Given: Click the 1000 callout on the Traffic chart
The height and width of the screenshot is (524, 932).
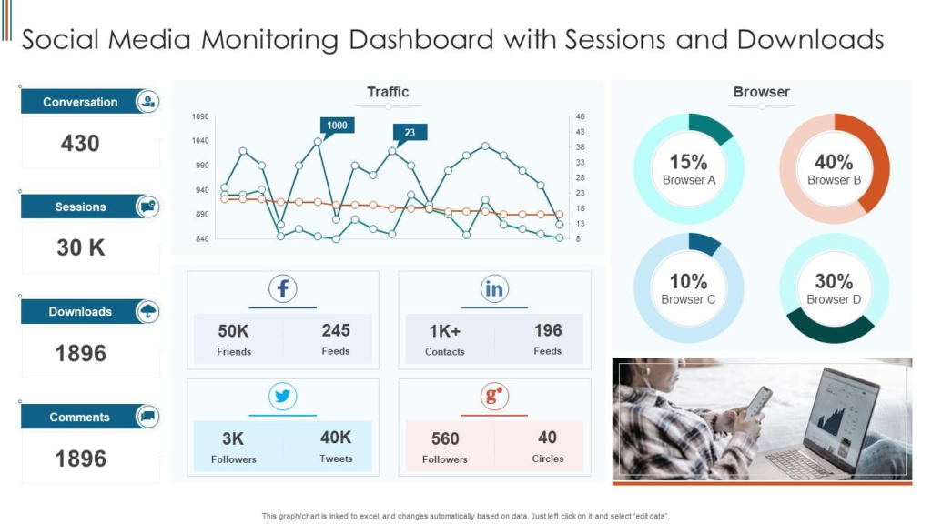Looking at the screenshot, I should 337,125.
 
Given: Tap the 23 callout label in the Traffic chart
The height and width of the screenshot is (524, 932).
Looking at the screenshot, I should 410,132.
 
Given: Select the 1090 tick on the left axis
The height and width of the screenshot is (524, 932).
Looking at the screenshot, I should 200,116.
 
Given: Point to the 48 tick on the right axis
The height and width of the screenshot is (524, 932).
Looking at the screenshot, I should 580,116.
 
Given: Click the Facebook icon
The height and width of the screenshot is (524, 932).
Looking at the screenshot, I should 283,289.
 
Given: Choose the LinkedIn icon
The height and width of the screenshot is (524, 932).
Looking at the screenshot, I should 494,289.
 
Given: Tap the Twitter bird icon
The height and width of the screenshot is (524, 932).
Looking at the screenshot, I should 283,397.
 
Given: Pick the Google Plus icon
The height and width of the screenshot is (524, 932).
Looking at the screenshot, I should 494,397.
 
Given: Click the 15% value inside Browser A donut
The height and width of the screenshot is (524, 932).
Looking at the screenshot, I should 688,162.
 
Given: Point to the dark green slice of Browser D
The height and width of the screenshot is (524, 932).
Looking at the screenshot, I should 830,328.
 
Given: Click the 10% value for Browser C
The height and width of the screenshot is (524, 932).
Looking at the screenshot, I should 688,281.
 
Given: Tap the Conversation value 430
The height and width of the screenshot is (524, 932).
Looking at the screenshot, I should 80,144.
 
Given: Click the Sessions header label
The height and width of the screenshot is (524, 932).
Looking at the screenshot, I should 80,207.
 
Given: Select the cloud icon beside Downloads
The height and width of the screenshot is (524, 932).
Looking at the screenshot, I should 147,312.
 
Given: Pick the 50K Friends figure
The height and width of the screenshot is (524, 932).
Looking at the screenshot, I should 234,331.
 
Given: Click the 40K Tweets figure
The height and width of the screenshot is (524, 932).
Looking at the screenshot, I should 336,438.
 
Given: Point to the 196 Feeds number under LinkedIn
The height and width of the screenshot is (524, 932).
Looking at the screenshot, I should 548,330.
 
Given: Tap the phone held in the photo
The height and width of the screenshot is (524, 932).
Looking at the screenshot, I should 757,401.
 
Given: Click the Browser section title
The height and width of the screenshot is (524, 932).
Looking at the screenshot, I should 761,92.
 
